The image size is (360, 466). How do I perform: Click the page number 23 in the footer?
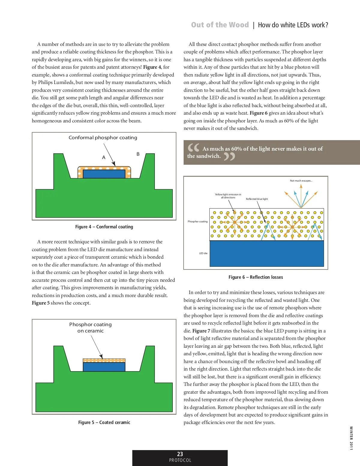coord(180,454)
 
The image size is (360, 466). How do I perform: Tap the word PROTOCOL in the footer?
coord(180,460)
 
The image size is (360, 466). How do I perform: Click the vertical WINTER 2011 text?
coord(351,438)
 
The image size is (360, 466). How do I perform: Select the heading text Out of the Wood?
coord(220,25)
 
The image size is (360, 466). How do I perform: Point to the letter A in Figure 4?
coord(104,157)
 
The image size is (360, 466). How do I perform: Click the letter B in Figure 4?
coord(138,154)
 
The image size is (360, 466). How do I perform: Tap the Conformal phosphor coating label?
coord(103,138)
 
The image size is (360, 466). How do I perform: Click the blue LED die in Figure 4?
coord(104,174)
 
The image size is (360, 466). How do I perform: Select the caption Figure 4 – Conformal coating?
coord(104,227)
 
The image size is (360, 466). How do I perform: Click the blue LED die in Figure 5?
coord(104,367)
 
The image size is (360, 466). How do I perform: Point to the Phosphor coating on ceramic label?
coord(90,327)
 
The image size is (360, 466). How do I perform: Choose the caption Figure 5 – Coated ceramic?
coord(104,422)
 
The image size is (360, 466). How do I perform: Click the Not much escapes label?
coord(301,181)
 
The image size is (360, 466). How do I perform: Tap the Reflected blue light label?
coord(257,199)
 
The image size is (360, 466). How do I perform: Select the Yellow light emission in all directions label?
coord(228,196)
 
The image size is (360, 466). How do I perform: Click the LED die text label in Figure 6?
coord(203,253)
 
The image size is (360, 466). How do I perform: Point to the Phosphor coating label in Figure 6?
coord(197,221)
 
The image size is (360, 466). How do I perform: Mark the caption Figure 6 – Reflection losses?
coord(256,277)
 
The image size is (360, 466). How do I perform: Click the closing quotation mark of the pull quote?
coord(229,156)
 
